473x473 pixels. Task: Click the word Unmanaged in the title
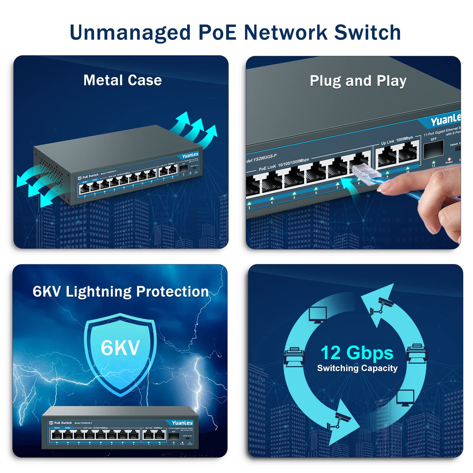tap(130, 33)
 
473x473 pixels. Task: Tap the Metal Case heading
tap(122, 80)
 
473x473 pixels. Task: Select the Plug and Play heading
tap(358, 81)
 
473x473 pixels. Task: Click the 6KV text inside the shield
tap(120, 348)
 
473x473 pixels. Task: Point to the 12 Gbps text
tap(357, 353)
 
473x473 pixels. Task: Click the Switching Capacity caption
tap(357, 368)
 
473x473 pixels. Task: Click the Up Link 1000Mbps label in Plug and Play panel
tap(397, 140)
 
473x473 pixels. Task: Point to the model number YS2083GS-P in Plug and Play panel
tap(262, 158)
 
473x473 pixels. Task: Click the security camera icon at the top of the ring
tap(381, 306)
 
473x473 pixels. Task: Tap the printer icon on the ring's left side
tap(294, 357)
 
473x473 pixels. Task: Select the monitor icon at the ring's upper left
tap(318, 315)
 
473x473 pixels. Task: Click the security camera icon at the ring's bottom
tap(339, 421)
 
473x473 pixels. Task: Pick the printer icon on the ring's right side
tap(417, 354)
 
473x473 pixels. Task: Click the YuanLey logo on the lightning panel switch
tap(182, 423)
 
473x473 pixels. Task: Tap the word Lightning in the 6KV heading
tap(98, 292)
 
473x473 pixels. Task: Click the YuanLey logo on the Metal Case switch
tap(190, 155)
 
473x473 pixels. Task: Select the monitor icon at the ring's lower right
tap(405, 398)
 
